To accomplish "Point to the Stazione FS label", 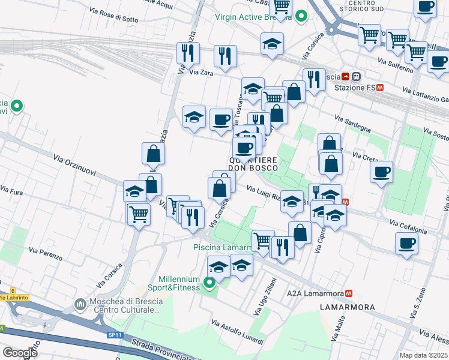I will tap(354, 88).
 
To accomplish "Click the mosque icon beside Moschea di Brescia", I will tap(80, 305).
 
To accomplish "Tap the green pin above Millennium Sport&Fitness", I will tap(209, 283).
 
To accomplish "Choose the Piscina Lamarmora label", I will tap(221, 248).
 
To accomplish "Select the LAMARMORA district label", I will tap(348, 307).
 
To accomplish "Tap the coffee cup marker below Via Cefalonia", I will tap(406, 244).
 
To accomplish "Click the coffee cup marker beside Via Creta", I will tap(381, 172).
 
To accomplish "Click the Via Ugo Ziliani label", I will tap(264, 296).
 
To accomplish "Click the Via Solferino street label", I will tap(396, 64).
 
